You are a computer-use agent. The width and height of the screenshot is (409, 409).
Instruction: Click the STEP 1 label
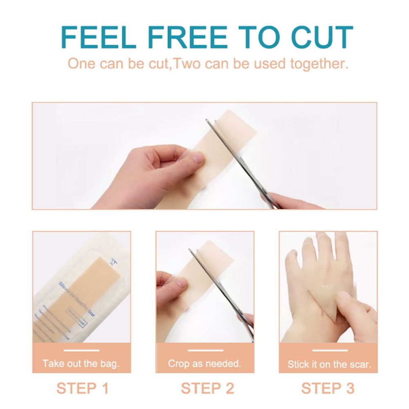[83, 388]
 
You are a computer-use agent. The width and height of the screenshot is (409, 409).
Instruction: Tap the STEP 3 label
[328, 388]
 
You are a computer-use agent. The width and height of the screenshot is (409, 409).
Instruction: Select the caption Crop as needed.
[204, 363]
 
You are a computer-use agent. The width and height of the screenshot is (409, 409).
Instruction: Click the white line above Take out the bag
[81, 350]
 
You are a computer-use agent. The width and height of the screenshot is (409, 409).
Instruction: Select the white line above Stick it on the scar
[328, 350]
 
